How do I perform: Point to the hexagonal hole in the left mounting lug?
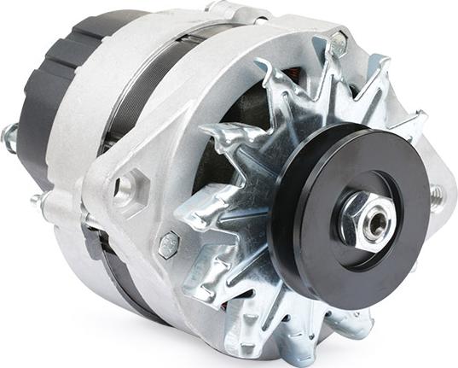(125, 188)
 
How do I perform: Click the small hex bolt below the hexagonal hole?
(169, 245)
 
